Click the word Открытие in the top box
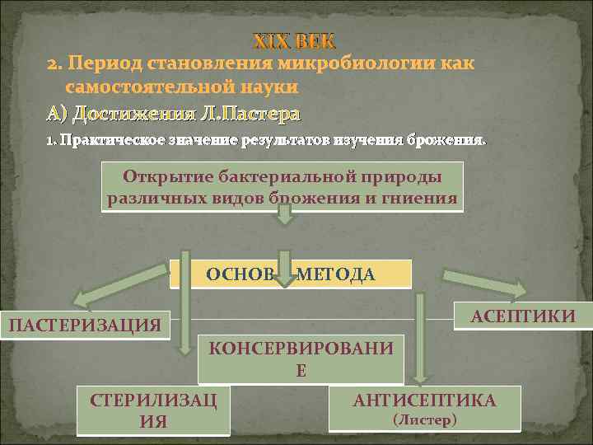(160, 176)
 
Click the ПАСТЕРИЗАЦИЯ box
(84, 325)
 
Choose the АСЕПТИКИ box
(521, 315)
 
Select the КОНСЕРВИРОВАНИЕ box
(301, 358)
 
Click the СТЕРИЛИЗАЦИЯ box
(153, 410)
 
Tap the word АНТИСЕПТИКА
(424, 400)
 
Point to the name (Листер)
(424, 419)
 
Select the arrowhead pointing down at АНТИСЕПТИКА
(420, 377)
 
